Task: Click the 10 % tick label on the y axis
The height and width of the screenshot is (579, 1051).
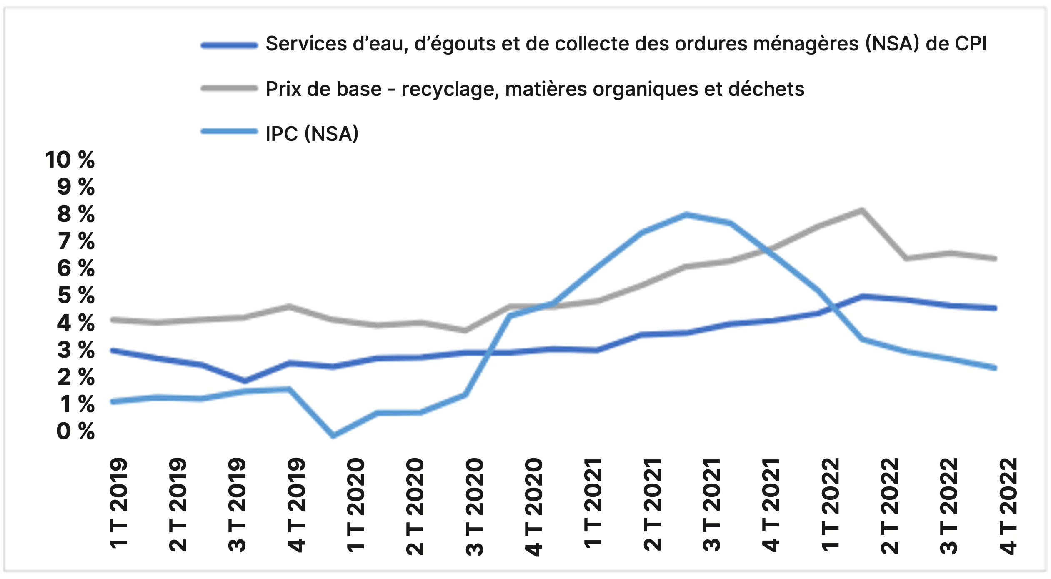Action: coord(70,160)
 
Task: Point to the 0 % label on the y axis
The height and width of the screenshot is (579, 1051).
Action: coord(75,431)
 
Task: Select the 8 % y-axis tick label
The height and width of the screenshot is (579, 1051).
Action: coord(76,214)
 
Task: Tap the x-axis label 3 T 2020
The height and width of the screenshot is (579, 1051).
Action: coord(475,506)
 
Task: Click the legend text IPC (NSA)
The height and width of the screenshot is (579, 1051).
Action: coord(312,134)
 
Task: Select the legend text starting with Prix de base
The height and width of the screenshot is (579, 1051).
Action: coord(535,89)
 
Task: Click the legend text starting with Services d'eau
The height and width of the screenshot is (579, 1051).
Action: coord(626,44)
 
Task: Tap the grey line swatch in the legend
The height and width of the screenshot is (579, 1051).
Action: coord(229,88)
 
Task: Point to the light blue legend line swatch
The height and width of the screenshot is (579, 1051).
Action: coord(229,132)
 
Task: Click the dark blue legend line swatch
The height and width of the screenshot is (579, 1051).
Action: coord(229,45)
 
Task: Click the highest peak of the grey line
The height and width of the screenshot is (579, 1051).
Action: coord(861,210)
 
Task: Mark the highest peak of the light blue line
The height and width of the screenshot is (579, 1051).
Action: coord(686,215)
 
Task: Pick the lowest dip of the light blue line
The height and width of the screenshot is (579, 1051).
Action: coord(333,436)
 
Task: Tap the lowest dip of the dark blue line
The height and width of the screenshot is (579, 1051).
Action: coord(245,381)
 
